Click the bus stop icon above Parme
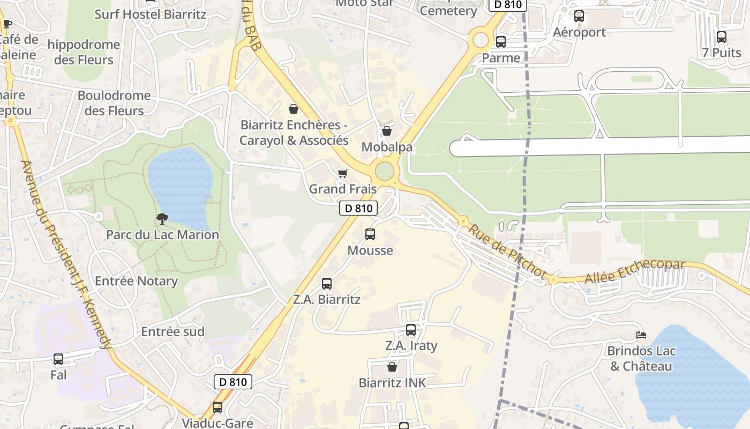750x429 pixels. [x=501, y=42]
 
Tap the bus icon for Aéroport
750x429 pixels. [x=579, y=16]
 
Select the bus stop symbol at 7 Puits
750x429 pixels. [x=722, y=37]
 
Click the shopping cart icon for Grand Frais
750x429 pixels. [x=343, y=173]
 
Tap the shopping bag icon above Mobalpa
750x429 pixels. [x=386, y=131]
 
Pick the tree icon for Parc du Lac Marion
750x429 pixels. [x=162, y=218]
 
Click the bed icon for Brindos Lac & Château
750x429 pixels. [x=641, y=335]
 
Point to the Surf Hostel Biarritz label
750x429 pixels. [x=150, y=14]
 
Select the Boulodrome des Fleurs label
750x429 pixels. [x=114, y=103]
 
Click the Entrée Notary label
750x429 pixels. [x=136, y=281]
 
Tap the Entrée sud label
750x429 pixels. [x=172, y=331]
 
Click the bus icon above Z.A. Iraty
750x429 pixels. [x=411, y=330]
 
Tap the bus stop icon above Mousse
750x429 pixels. [x=370, y=234]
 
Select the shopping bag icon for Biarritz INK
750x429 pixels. [x=392, y=367]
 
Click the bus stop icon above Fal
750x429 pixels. [x=58, y=359]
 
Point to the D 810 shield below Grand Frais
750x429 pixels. [x=358, y=208]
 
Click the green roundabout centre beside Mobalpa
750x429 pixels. [x=385, y=172]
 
